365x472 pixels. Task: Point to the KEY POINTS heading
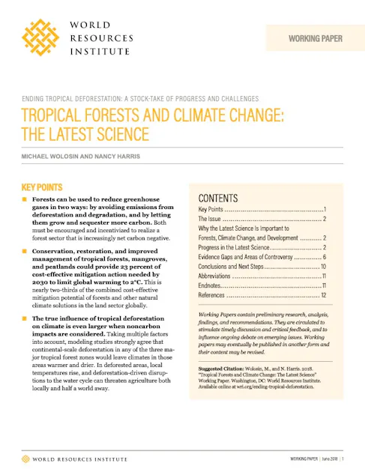(x=41, y=187)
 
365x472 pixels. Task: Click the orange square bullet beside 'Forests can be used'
(x=24, y=202)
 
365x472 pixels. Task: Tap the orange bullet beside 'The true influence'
(x=24, y=319)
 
